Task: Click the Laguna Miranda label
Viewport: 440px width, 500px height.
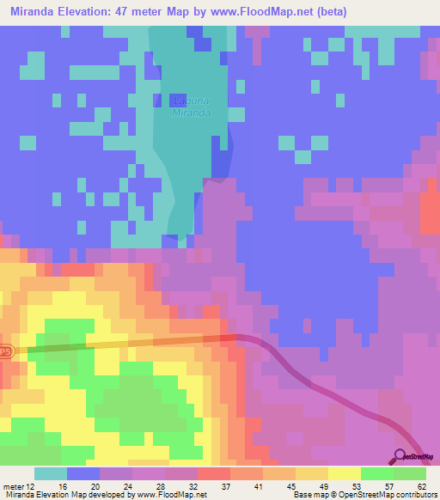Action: [192, 106]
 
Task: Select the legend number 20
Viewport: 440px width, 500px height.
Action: [95, 485]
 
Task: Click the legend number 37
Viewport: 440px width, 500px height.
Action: [226, 485]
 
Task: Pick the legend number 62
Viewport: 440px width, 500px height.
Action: [421, 485]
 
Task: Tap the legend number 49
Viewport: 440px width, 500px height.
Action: [323, 485]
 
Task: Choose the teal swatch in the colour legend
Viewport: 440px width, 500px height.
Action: [51, 473]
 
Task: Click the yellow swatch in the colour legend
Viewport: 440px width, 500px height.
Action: [345, 473]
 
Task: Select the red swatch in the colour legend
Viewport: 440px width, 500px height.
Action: [214, 473]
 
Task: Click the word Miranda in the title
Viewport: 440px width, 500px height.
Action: [33, 11]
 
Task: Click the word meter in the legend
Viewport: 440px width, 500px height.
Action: [12, 485]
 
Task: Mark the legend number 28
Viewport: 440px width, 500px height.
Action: [161, 485]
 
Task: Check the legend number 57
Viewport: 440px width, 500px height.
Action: [388, 485]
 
